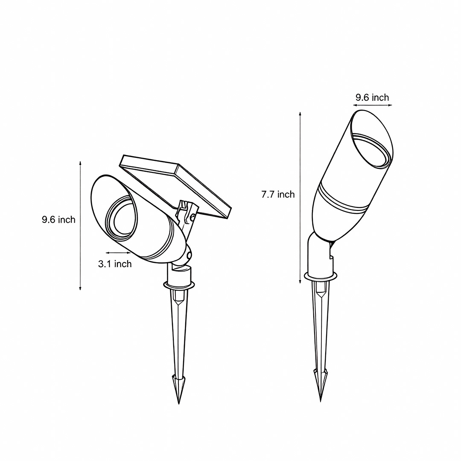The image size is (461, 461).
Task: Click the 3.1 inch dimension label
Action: point(115,264)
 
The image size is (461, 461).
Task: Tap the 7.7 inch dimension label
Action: point(278,195)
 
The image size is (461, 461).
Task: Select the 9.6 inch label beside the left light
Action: point(58,220)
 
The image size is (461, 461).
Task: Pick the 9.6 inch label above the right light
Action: point(372,98)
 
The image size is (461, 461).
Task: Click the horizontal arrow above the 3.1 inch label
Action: point(118,253)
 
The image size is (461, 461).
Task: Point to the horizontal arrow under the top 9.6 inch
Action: point(371,105)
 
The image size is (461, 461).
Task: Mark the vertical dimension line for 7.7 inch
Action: point(301,196)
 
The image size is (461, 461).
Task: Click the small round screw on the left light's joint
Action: point(189,255)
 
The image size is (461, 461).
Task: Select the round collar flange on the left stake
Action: point(179,284)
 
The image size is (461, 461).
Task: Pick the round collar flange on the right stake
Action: point(320,277)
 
